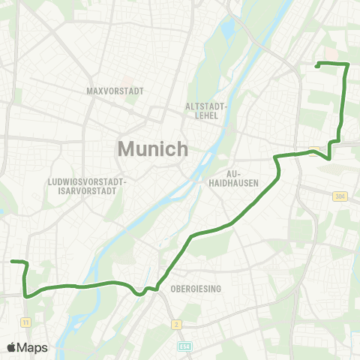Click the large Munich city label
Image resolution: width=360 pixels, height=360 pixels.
click(x=153, y=148)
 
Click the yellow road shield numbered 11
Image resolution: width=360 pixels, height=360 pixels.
click(x=26, y=322)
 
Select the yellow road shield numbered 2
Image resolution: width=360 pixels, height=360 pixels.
click(x=176, y=324)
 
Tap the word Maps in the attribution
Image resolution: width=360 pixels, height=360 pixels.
click(x=34, y=347)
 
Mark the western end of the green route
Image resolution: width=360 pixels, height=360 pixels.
click(x=12, y=262)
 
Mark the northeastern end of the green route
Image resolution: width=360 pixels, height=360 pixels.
click(x=317, y=66)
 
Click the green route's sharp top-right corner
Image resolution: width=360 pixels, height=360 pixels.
click(x=347, y=64)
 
